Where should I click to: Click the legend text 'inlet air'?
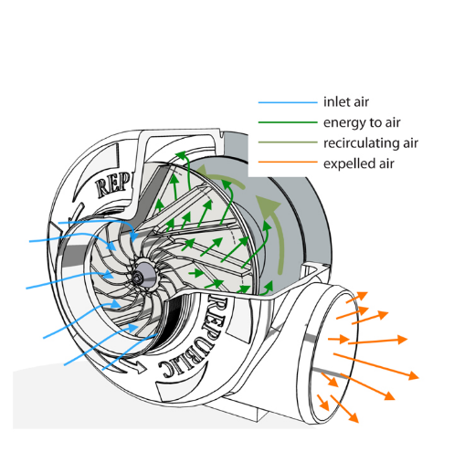pos(345,101)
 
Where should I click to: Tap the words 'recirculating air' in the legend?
pos(370,142)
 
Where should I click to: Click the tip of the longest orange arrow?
pos(419,377)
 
